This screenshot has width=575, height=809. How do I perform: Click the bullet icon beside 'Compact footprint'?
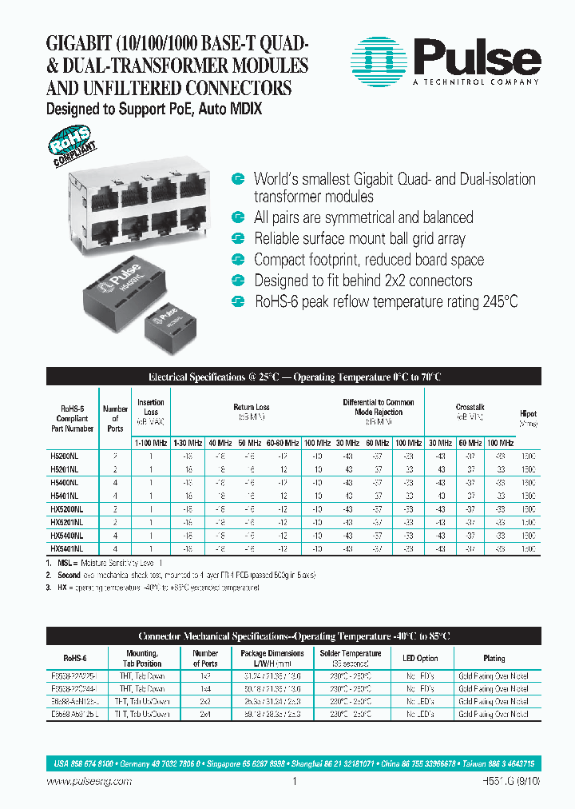237,260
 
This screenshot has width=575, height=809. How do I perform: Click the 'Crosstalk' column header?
470,407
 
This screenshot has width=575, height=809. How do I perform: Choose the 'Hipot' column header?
529,414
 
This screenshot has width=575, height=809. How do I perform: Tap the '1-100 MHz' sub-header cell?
151,442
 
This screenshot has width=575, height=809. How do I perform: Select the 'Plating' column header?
494,658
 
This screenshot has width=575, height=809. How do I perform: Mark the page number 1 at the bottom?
295,783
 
